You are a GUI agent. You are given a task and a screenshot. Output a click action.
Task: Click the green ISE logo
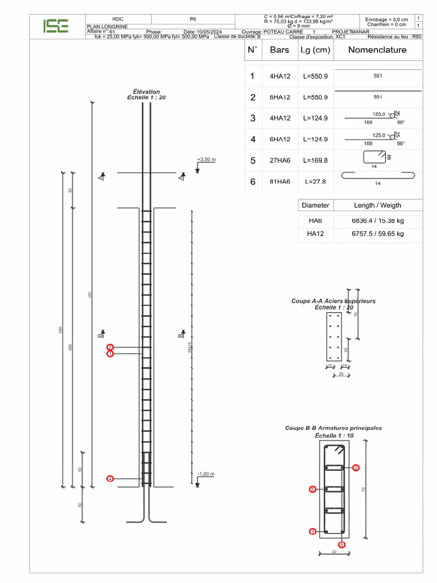coord(56,26)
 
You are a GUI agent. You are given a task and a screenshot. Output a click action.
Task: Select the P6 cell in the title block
coord(193,19)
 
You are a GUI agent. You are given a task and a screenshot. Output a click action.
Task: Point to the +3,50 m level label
coord(207,160)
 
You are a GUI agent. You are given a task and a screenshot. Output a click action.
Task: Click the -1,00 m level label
coord(205,474)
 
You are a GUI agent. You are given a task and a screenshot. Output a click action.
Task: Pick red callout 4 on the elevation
coord(110,479)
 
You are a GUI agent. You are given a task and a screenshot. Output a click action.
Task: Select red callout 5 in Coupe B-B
coord(312,489)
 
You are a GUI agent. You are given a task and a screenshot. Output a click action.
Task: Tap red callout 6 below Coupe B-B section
coord(341,545)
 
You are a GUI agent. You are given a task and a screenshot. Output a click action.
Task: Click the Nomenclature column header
coord(377,50)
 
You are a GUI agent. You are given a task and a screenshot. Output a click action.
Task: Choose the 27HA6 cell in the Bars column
coord(280,161)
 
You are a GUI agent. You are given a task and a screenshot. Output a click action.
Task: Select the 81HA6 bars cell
coord(280,182)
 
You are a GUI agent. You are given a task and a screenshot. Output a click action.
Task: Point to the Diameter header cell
coord(315,205)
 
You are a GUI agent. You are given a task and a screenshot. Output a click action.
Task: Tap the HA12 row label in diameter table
coord(315,233)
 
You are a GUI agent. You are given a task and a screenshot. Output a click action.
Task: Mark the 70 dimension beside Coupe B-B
coord(363,490)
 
